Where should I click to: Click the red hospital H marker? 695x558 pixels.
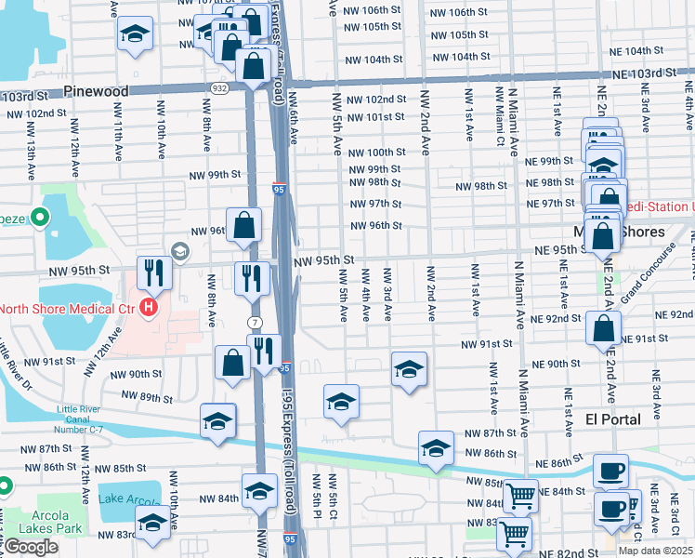[147, 308]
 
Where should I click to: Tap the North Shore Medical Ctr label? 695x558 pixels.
[65, 308]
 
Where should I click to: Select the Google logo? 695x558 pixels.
[30, 546]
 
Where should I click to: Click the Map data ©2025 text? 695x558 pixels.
[655, 551]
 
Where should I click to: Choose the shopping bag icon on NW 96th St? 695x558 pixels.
[243, 225]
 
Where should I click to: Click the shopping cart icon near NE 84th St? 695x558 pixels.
[520, 495]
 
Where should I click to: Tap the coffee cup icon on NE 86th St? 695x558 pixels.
[610, 470]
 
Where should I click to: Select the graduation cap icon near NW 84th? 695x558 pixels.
[259, 489]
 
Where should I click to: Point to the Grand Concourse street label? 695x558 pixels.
[650, 274]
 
